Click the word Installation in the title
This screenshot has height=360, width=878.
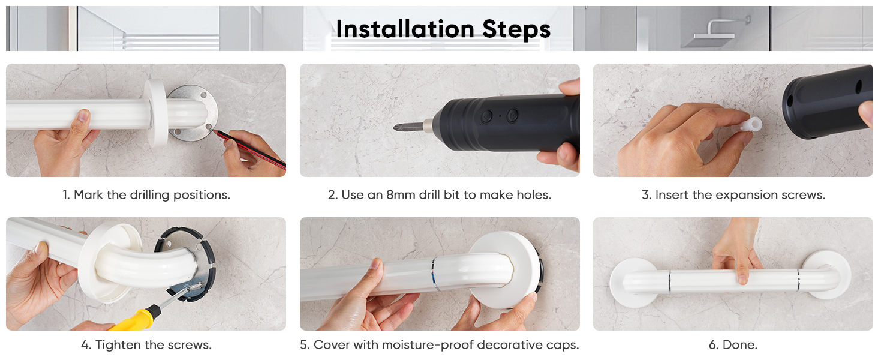(x=405, y=29)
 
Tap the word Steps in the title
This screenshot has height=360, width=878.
(x=516, y=29)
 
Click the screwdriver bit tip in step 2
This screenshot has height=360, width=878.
(x=395, y=127)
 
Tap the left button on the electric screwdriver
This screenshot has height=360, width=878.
(x=487, y=116)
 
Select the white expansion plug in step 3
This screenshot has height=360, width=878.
(x=750, y=125)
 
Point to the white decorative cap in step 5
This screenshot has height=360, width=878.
(x=505, y=271)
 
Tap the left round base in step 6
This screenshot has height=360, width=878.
(x=633, y=283)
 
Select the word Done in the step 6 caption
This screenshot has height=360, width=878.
(x=738, y=345)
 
